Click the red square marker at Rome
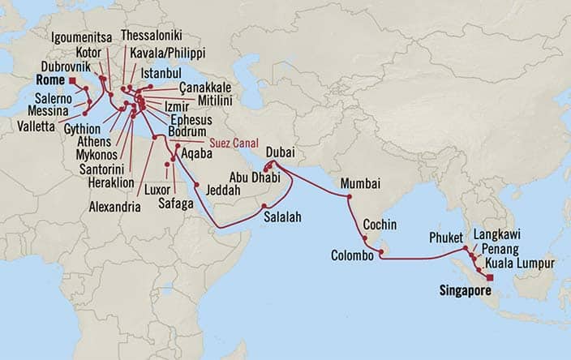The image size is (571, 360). coord(72,82)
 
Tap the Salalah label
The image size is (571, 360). coord(281,216)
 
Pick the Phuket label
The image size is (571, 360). coord(445,239)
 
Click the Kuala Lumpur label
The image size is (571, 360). coord(519,264)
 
